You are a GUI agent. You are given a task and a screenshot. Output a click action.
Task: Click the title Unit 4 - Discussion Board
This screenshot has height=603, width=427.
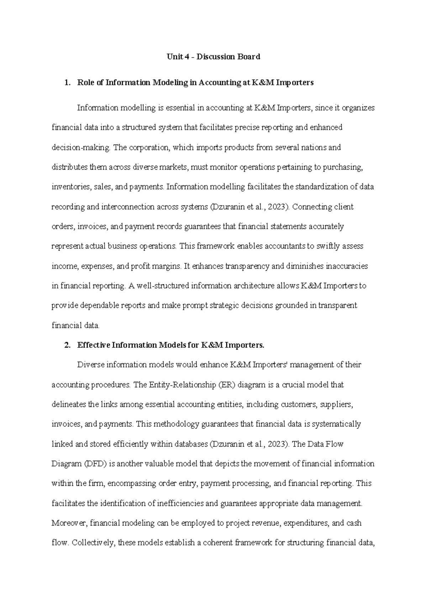click(x=213, y=57)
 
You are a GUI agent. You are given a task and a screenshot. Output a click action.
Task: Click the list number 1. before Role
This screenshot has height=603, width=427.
click(x=67, y=83)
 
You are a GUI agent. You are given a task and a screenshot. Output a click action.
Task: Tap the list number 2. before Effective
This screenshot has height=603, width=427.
click(x=67, y=345)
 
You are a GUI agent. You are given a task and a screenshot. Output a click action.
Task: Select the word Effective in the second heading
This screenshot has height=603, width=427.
click(x=94, y=345)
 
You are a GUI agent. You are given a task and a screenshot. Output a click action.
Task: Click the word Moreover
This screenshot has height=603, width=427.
click(x=69, y=523)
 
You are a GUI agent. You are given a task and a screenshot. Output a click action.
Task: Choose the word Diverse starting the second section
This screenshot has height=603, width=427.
click(x=90, y=365)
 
